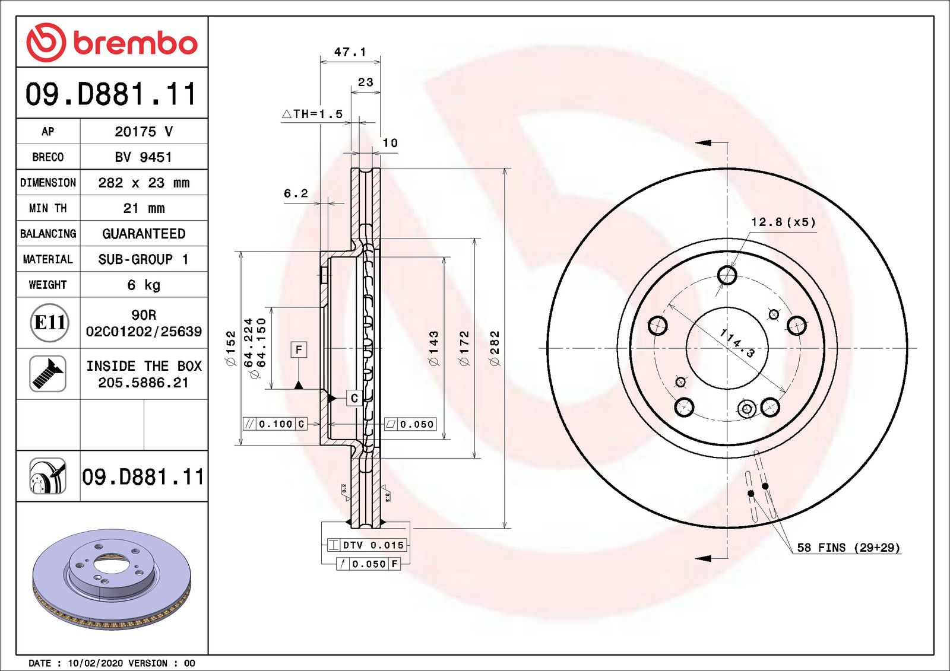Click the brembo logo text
(135, 43)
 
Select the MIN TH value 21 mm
(144, 208)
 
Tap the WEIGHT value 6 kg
(144, 285)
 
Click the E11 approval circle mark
(49, 323)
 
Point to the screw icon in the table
(47, 374)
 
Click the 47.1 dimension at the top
(350, 52)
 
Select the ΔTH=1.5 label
(312, 114)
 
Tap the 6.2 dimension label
(296, 193)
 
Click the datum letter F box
(299, 349)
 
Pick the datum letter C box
(354, 398)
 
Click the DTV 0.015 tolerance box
(367, 545)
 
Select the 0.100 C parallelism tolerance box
(275, 424)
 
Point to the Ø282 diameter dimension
(495, 348)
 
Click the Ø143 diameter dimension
(433, 348)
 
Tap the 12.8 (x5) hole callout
(783, 222)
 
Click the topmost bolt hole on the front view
(727, 275)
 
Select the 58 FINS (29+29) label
(848, 548)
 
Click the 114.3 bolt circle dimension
(737, 344)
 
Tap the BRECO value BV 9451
(144, 157)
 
